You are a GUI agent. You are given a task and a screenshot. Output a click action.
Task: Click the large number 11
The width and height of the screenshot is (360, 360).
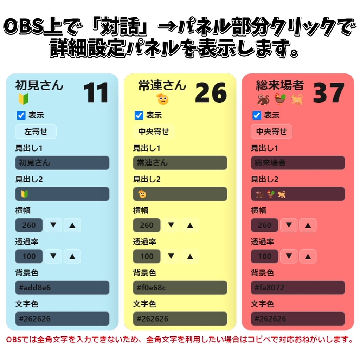point(96,93)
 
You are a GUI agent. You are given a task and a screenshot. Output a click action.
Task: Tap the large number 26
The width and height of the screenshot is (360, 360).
point(211,93)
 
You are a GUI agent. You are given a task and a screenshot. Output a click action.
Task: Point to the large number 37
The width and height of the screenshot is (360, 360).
point(329,93)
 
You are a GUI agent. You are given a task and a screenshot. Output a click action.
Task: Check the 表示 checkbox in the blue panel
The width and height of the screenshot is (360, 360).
point(21,115)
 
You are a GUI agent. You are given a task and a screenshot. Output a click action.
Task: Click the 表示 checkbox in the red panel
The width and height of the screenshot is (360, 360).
point(257,115)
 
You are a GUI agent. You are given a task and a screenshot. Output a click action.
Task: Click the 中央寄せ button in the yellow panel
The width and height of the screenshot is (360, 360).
point(154,131)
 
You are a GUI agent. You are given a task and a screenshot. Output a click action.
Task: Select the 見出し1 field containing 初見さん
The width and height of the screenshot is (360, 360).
point(62,163)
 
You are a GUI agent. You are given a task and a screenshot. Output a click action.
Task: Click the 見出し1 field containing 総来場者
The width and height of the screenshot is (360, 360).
point(298,163)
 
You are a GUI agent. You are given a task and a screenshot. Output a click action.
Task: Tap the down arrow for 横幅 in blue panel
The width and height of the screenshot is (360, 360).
point(53,225)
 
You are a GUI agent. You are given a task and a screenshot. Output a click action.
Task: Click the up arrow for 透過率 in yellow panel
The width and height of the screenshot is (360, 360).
point(190,256)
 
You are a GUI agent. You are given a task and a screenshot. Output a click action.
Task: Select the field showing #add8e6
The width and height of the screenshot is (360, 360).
point(62,288)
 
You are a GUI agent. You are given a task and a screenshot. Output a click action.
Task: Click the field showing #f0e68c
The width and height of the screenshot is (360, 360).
point(180,288)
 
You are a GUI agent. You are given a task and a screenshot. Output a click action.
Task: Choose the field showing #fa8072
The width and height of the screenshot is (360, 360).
point(298,288)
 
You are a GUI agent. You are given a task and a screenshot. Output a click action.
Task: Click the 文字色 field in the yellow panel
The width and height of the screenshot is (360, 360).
point(180,319)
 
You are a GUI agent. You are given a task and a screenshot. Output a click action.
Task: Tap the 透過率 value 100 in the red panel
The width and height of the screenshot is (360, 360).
point(264,256)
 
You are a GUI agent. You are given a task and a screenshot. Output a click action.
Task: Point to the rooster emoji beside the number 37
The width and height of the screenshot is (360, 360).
point(280,99)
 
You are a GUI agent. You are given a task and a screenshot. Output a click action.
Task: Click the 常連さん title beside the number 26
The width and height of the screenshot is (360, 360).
point(162,85)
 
